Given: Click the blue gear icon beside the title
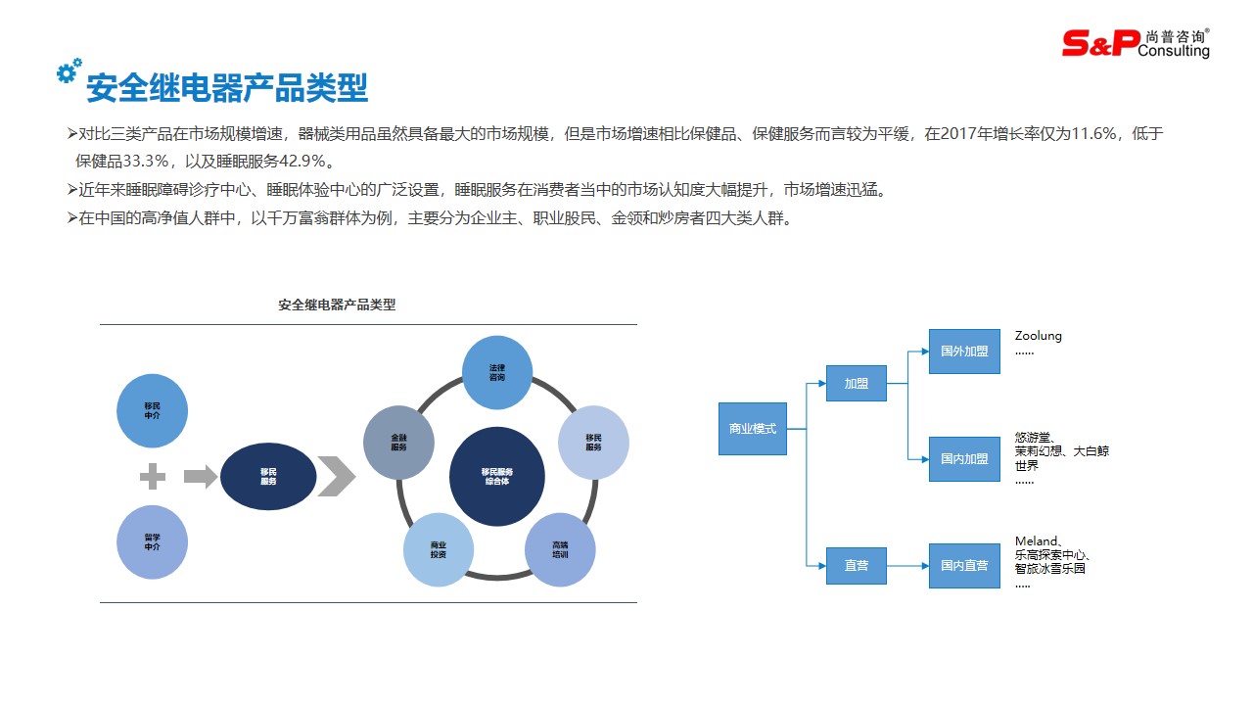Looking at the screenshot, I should click(68, 70).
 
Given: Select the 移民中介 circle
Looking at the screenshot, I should click(152, 411).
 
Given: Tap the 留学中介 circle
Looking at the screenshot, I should click(152, 541).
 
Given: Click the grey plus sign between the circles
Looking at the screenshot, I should click(153, 477).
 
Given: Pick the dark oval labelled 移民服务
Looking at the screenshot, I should click(268, 477).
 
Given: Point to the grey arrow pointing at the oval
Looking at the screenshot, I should click(201, 477).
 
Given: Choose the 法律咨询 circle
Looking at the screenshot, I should click(497, 372).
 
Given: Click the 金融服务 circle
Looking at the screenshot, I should click(398, 443).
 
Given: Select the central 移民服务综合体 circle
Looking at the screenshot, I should click(496, 476).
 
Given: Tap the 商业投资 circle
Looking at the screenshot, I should click(439, 549).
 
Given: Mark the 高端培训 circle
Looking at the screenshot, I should click(560, 549).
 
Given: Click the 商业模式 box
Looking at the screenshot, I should click(752, 429).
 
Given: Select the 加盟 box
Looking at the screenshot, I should click(856, 384).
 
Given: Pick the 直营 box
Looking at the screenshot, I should click(856, 566).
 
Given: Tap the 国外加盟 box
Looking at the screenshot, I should click(964, 352).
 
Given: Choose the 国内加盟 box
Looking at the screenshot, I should click(964, 459).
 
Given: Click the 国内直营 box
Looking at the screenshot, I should click(964, 566).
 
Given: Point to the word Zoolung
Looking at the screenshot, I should click(1038, 336).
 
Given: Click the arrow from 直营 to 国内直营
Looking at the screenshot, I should click(907, 566).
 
